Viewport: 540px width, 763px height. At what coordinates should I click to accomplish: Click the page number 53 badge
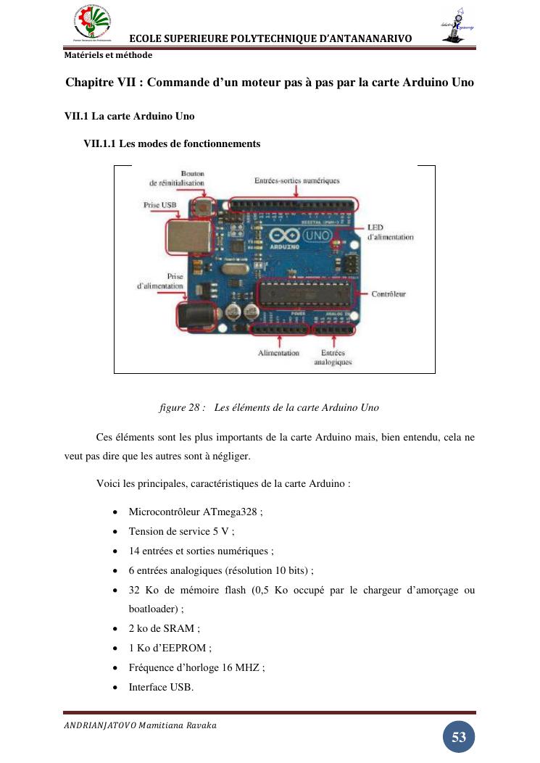(458, 738)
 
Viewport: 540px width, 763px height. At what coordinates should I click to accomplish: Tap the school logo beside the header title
(93, 22)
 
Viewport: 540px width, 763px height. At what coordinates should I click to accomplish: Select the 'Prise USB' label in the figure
(159, 205)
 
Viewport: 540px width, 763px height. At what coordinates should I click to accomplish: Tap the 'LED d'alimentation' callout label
(390, 232)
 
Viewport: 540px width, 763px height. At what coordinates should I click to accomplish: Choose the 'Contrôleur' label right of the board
(389, 294)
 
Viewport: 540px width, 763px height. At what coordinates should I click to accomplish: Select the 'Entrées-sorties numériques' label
(296, 180)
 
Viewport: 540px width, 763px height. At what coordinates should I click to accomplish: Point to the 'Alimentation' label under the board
(278, 353)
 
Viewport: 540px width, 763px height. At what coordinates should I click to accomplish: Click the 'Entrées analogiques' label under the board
(333, 357)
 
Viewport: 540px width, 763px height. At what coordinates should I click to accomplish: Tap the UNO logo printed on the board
(316, 236)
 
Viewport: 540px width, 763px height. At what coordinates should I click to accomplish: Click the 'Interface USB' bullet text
(160, 687)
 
